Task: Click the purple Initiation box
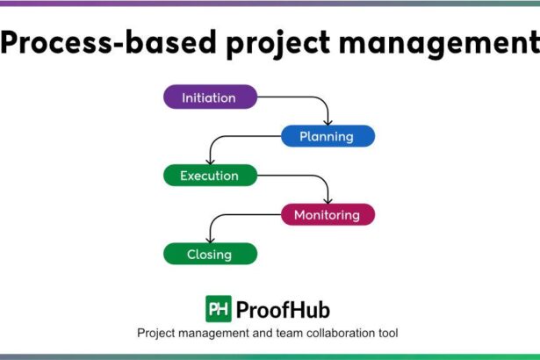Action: click(x=210, y=97)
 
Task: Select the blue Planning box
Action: click(x=328, y=136)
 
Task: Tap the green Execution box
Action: click(x=210, y=176)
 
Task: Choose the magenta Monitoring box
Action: click(x=328, y=214)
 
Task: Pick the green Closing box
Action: click(x=210, y=255)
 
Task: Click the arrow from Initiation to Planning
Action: click(x=307, y=97)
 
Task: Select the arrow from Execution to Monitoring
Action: click(x=307, y=176)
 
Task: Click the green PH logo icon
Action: click(x=219, y=308)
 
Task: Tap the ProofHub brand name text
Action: click(x=283, y=309)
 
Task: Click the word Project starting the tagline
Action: click(x=158, y=334)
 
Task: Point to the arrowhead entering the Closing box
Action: click(x=209, y=239)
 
